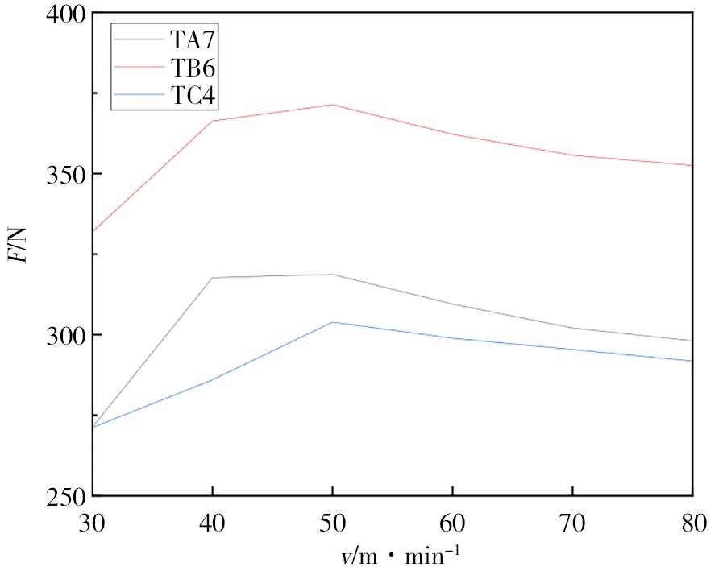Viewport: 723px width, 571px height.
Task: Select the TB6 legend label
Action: [193, 68]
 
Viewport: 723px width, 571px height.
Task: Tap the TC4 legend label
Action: [193, 97]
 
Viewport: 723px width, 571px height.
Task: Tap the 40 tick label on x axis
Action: [212, 524]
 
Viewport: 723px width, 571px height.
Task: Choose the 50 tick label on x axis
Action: [332, 524]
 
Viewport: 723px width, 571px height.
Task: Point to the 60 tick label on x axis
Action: [452, 524]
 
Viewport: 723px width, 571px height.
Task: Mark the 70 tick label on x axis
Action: [572, 524]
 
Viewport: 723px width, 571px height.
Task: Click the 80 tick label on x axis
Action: [692, 524]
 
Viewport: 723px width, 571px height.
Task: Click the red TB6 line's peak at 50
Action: [332, 105]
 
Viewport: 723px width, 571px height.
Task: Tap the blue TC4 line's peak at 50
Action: [332, 322]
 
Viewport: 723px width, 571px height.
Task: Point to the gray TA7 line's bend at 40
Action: [212, 278]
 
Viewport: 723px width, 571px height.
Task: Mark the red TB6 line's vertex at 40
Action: [212, 121]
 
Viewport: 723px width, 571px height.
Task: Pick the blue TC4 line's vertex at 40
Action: [212, 379]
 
